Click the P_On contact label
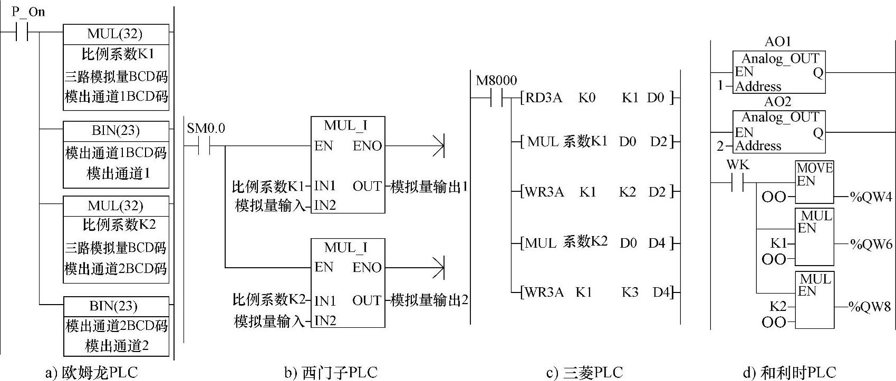(28, 12)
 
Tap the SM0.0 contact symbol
(204, 146)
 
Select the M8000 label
(496, 81)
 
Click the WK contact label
(737, 165)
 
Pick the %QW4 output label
(870, 197)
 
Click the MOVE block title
(814, 168)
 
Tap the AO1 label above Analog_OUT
(778, 42)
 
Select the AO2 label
(778, 101)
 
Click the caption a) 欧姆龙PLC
(91, 373)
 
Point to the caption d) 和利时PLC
(789, 373)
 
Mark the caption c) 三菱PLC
(584, 373)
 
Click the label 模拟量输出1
(429, 187)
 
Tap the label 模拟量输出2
(429, 300)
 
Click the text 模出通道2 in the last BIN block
(117, 346)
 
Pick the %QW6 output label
(870, 245)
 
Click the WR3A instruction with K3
(543, 292)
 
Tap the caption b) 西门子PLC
(331, 373)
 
